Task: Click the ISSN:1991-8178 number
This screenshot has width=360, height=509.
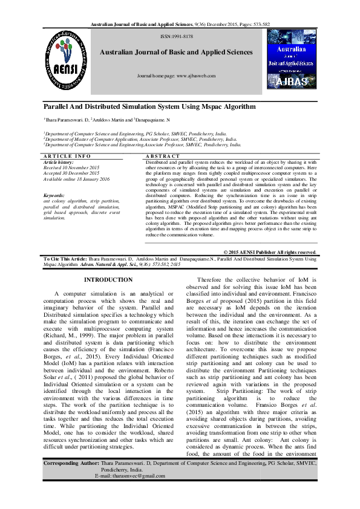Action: (177, 37)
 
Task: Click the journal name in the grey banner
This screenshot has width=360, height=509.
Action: (176, 53)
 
